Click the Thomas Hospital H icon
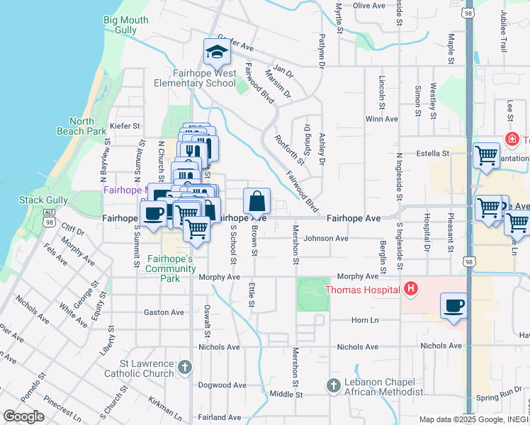pyautogui.click(x=410, y=288)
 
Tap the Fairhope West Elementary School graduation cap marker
pyautogui.click(x=215, y=52)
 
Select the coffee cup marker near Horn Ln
pyautogui.click(x=454, y=307)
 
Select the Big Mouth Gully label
pyautogui.click(x=126, y=25)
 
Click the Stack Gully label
pyautogui.click(x=43, y=200)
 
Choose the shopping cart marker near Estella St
pyautogui.click(x=486, y=155)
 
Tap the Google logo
pyautogui.click(x=23, y=416)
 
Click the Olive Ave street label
pyautogui.click(x=368, y=6)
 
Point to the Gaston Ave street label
pyautogui.click(x=164, y=312)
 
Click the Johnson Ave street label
pyautogui.click(x=326, y=239)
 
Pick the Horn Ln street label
pyautogui.click(x=365, y=321)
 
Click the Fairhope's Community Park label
pyautogui.click(x=170, y=264)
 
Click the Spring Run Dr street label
pyautogui.click(x=500, y=399)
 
